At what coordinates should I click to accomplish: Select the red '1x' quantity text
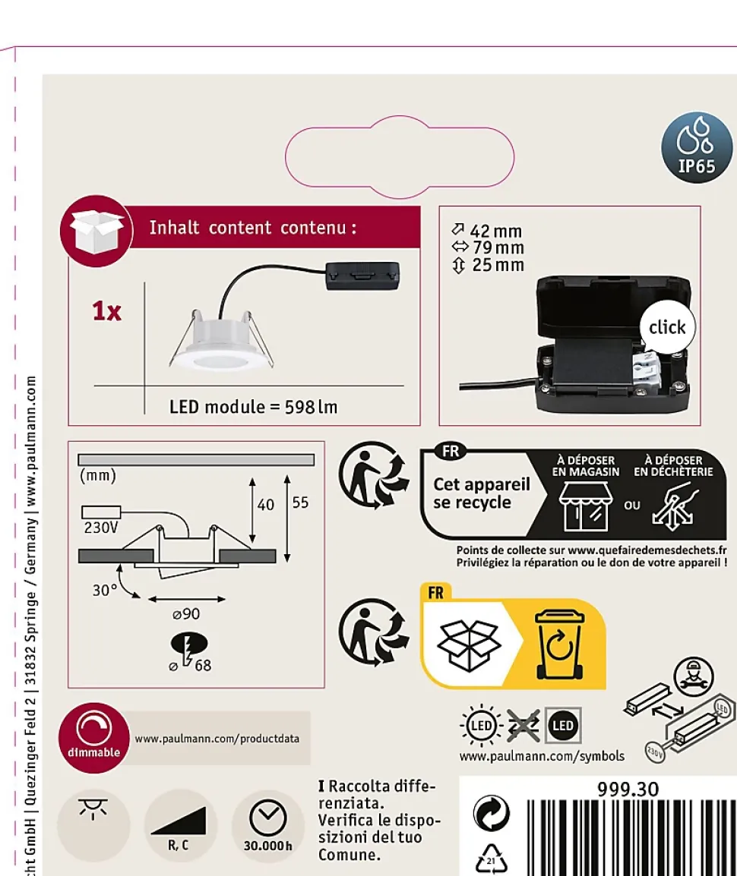(x=106, y=311)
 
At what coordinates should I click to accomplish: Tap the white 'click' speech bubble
(x=666, y=327)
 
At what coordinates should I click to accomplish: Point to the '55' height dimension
(x=300, y=503)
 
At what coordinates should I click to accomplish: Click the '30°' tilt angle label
(x=105, y=590)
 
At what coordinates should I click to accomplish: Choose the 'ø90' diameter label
(x=186, y=613)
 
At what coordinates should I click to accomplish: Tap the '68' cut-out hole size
(x=202, y=666)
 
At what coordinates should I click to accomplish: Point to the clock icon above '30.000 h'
(x=268, y=817)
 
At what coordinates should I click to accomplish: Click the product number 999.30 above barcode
(x=628, y=789)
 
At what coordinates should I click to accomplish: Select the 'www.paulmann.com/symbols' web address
(x=542, y=756)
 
